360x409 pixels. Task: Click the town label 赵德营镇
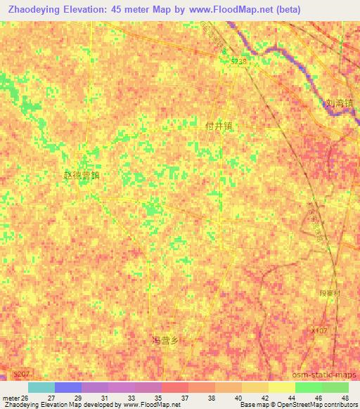pyautogui.click(x=82, y=176)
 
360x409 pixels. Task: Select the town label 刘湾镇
pyautogui.click(x=339, y=103)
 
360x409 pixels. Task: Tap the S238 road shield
pyautogui.click(x=240, y=62)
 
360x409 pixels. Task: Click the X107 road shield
pyautogui.click(x=319, y=330)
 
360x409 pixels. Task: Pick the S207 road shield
pyautogui.click(x=22, y=377)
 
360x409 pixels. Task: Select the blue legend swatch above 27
pyautogui.click(x=68, y=387)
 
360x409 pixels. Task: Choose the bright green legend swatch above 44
pyautogui.click(x=308, y=387)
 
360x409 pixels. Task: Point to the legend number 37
pyautogui.click(x=185, y=398)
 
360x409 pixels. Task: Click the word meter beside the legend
pyautogui.click(x=10, y=398)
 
